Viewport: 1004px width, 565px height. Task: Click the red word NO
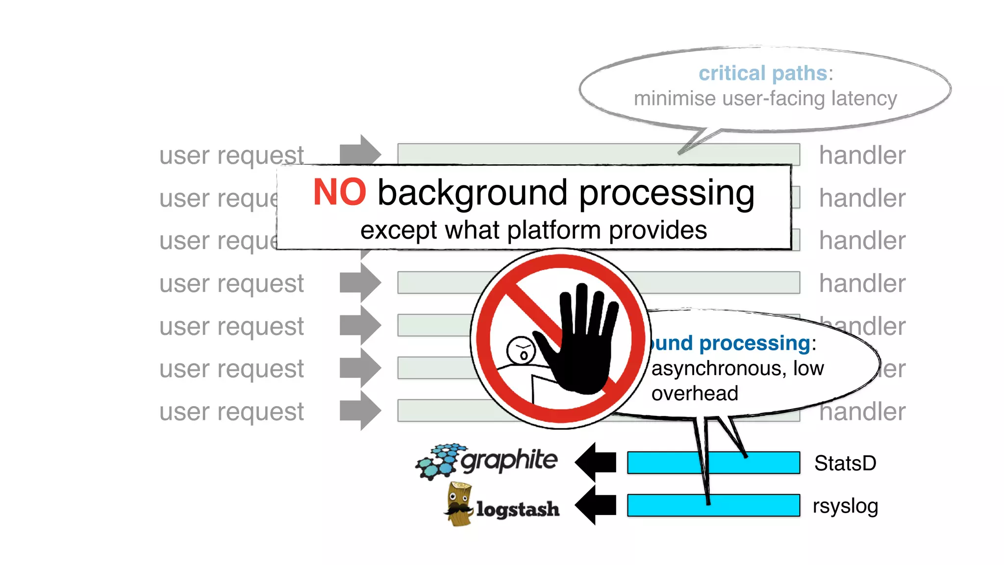[339, 192]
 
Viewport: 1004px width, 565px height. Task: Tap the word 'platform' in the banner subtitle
[553, 231]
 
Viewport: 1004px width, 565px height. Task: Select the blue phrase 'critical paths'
[763, 74]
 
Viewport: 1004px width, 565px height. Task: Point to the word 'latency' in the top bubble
[864, 99]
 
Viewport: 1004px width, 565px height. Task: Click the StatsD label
[845, 463]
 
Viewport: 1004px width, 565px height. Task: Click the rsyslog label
[845, 506]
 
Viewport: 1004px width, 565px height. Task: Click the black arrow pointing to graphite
[596, 462]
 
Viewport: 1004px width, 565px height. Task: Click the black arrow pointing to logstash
[596, 505]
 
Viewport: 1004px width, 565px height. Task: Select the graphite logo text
[509, 460]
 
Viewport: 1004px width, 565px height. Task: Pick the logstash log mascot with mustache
[459, 504]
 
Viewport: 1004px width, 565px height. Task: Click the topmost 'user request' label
[231, 155]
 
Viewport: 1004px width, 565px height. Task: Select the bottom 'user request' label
[231, 411]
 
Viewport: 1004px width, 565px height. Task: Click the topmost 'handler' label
[862, 155]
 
